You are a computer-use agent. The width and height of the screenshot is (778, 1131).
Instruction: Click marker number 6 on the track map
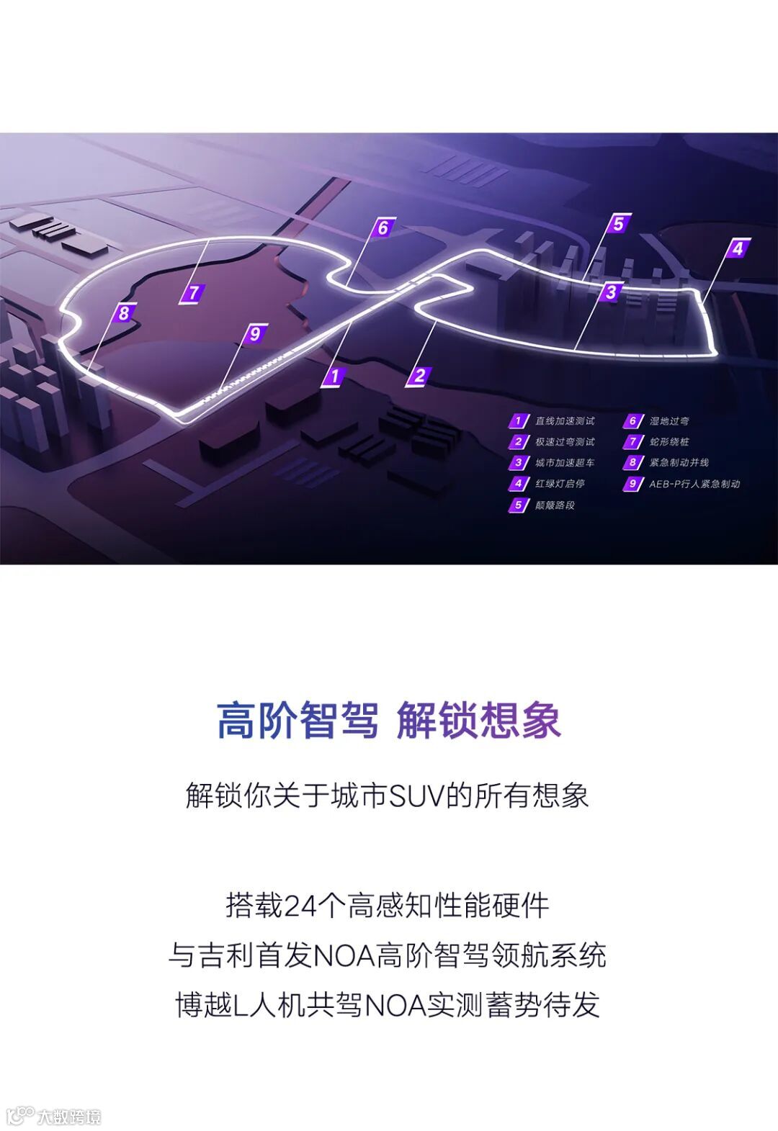pos(383,228)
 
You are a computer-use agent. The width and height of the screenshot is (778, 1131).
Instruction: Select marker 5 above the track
pos(618,224)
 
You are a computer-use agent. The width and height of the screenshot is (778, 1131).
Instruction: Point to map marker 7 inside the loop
pos(193,293)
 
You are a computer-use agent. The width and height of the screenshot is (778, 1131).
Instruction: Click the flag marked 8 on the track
pos(125,313)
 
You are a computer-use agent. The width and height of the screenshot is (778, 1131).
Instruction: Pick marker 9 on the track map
pos(254,334)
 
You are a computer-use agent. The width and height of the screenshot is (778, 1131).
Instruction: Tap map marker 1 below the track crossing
pos(334,376)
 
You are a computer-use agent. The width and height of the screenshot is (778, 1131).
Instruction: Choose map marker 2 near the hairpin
pos(419,375)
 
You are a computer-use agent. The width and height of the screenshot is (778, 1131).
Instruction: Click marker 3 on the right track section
pos(611,292)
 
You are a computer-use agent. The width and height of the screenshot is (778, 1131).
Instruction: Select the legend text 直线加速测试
pos(565,421)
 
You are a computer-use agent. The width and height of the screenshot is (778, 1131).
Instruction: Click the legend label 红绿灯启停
pos(560,484)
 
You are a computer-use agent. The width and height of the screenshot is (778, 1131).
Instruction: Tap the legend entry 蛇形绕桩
pos(669,442)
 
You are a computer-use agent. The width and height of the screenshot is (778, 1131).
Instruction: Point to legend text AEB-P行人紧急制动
pos(694,484)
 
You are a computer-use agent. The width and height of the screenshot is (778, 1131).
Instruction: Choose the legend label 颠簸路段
pos(555,505)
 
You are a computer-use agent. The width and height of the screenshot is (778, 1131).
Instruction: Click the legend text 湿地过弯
pos(669,421)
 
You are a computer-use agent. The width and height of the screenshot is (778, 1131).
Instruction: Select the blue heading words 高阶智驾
pos(298,719)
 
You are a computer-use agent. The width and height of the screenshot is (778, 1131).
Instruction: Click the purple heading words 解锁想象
pos(478,719)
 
